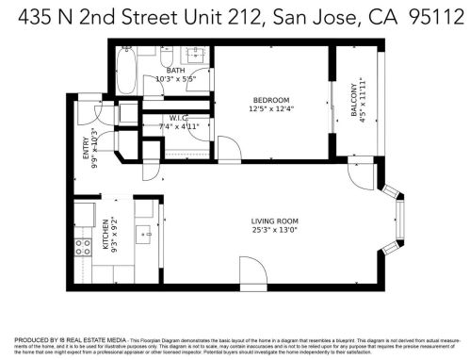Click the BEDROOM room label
click(270, 100)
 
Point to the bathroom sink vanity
click(196, 56)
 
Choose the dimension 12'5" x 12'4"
click(270, 109)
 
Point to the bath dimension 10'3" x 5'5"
click(175, 79)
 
